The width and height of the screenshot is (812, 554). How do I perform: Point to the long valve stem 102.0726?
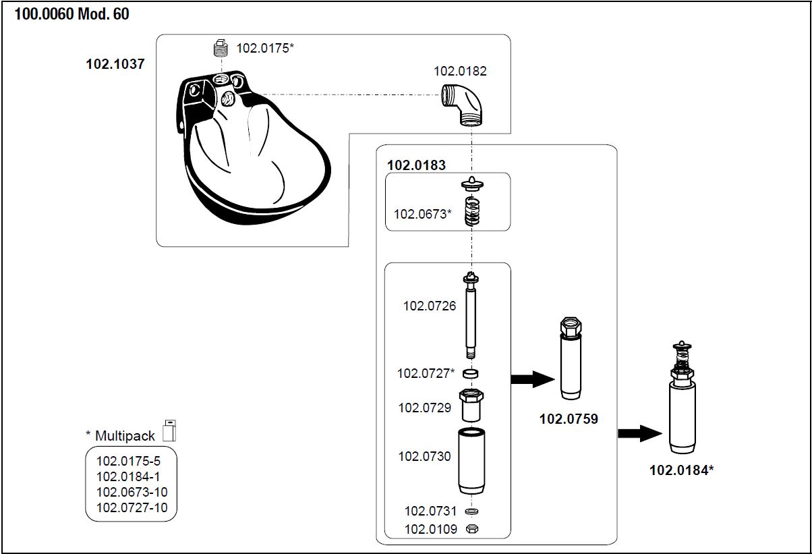(471, 314)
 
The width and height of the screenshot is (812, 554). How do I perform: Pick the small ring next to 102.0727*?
(472, 373)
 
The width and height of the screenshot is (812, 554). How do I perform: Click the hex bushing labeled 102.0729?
(471, 404)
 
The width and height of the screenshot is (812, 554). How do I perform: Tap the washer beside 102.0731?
(472, 511)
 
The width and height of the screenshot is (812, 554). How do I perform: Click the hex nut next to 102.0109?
(472, 529)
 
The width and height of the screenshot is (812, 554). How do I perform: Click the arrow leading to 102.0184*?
(640, 433)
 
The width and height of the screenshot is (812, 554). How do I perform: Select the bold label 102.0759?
(569, 419)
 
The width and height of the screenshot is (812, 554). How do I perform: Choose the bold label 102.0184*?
(681, 470)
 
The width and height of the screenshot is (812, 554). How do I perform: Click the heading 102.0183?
(416, 165)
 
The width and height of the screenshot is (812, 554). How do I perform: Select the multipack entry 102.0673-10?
(132, 492)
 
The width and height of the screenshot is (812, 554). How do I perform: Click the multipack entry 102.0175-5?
(128, 462)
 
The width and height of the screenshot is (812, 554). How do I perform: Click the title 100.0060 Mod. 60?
(71, 14)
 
